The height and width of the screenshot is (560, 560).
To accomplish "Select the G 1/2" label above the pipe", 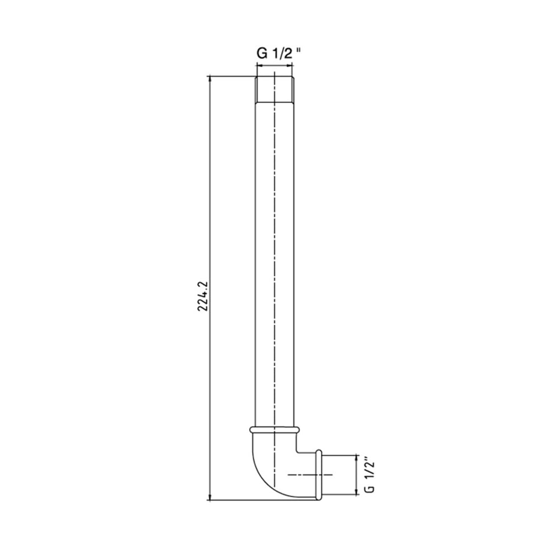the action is pyautogui.click(x=278, y=53).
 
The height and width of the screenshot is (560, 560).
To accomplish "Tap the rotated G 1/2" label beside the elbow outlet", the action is pyautogui.click(x=370, y=475).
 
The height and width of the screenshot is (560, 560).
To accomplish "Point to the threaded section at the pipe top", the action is pyautogui.click(x=274, y=89).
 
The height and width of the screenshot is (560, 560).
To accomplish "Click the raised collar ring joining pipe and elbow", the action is pyautogui.click(x=274, y=430).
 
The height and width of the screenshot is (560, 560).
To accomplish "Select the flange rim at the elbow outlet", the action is pyautogui.click(x=319, y=475).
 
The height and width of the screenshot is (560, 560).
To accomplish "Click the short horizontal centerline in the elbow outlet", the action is pyautogui.click(x=310, y=475).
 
